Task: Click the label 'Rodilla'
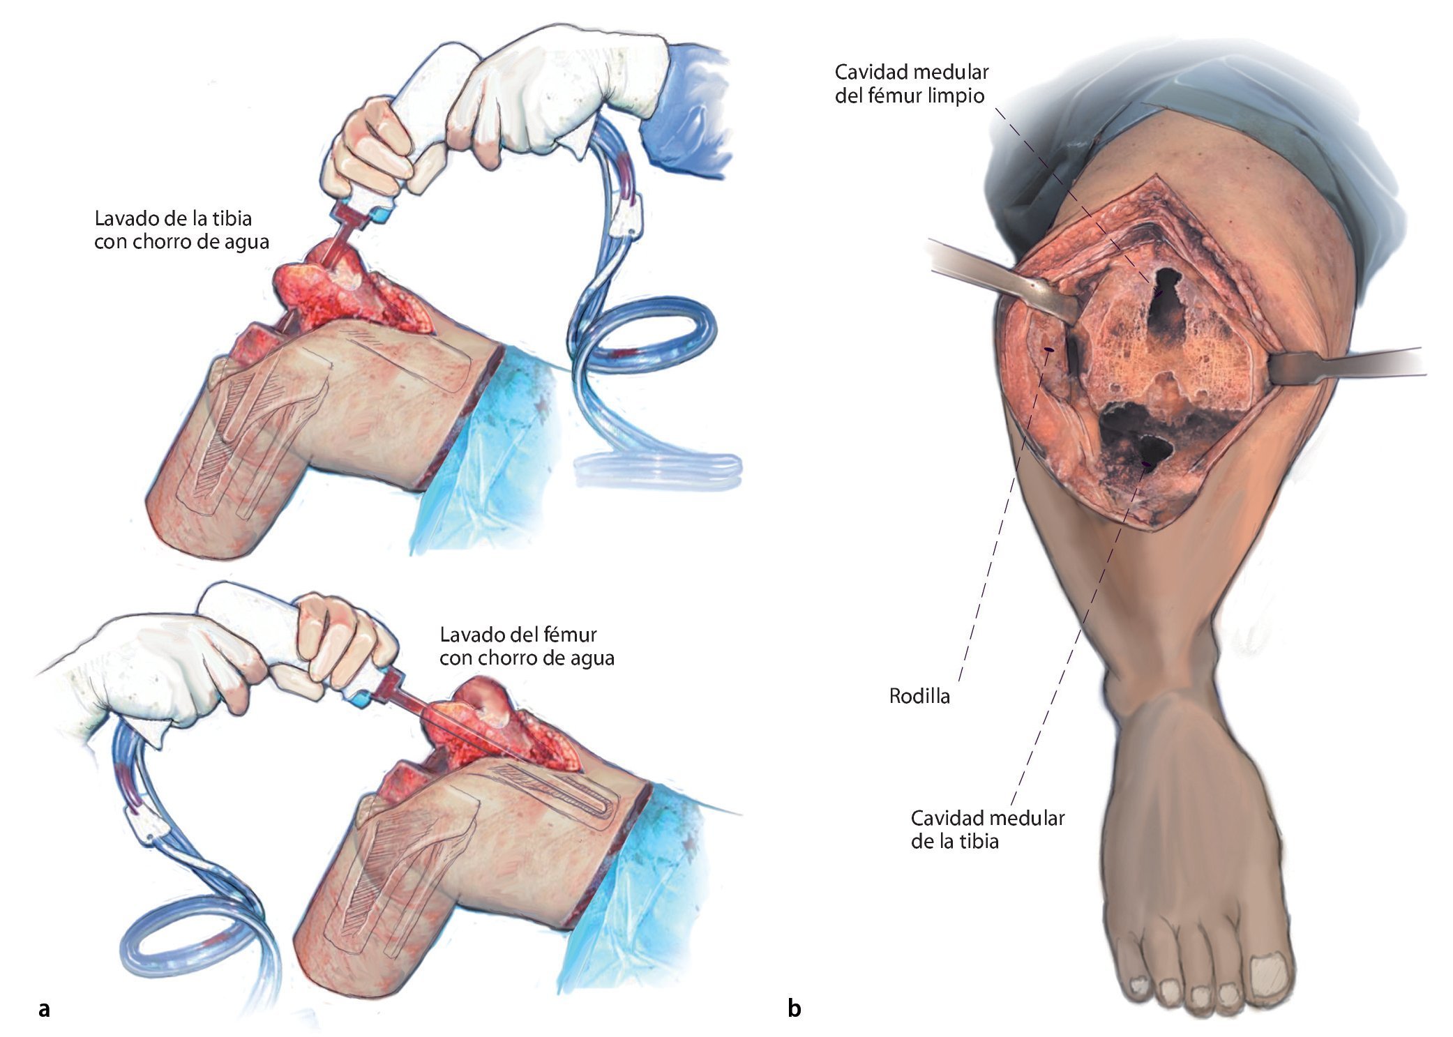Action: point(919,696)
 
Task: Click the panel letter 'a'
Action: point(45,1008)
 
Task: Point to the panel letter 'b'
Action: point(794,1008)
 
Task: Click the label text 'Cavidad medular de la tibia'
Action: point(987,829)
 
